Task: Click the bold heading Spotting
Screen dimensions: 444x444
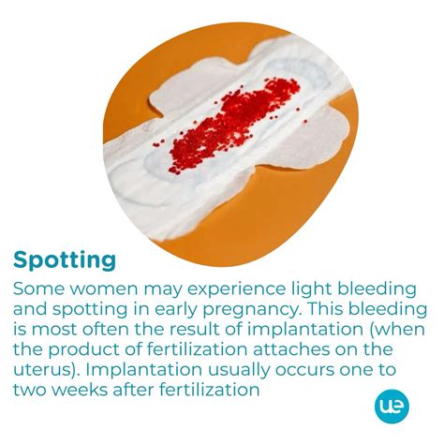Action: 65,259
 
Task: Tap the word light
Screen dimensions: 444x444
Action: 307,288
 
